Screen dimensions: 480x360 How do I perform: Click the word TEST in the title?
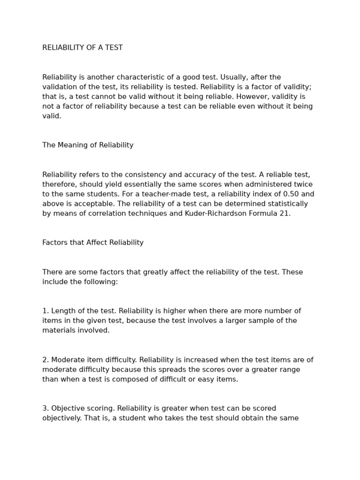(x=113, y=48)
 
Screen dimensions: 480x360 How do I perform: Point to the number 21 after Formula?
(x=285, y=214)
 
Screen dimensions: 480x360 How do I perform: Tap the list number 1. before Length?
(x=45, y=311)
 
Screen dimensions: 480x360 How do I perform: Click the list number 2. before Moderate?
(x=45, y=360)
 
